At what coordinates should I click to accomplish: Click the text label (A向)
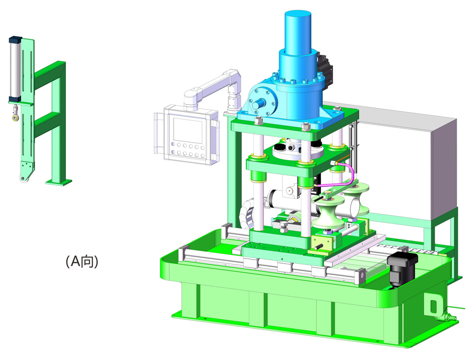click(x=82, y=261)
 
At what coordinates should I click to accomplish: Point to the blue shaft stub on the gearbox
click(x=259, y=104)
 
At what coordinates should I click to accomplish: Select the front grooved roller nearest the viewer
click(x=328, y=213)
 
